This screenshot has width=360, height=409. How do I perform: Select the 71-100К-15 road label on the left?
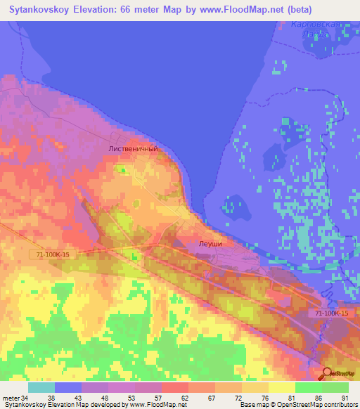click(x=50, y=256)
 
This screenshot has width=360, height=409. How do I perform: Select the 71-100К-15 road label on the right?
click(x=332, y=313)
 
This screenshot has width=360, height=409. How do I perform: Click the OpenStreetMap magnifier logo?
click(x=328, y=374)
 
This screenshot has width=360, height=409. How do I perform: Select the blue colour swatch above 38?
click(x=68, y=387)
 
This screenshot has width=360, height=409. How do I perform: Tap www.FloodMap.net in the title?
click(x=234, y=11)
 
